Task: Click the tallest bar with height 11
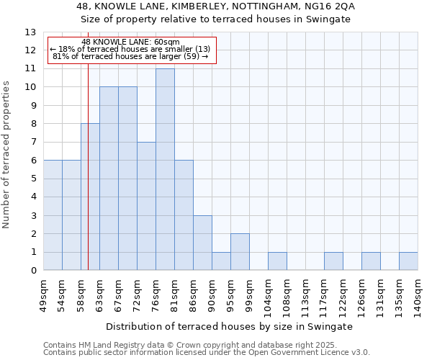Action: point(165,169)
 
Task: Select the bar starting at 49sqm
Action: point(53,215)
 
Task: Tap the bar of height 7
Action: point(146,206)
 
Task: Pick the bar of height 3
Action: point(202,243)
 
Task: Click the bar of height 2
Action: point(240,252)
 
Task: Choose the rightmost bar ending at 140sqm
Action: point(408,261)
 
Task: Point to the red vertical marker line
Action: point(88,180)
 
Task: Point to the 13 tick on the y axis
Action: point(30,32)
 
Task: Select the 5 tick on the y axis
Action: point(33,179)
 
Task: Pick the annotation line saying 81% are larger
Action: point(131,56)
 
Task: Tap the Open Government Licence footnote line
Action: point(206,353)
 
